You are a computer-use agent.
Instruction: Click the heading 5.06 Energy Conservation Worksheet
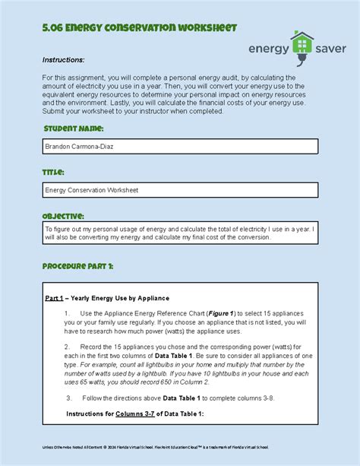139,28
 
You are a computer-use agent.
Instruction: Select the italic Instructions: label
63,60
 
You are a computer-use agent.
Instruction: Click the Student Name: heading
73,128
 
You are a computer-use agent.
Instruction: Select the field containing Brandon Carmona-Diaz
179,146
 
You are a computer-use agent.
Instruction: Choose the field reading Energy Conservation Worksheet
179,190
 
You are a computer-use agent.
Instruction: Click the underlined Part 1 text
55,297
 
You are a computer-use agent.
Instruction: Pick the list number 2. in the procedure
68,345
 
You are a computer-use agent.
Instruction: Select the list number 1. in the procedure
68,313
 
